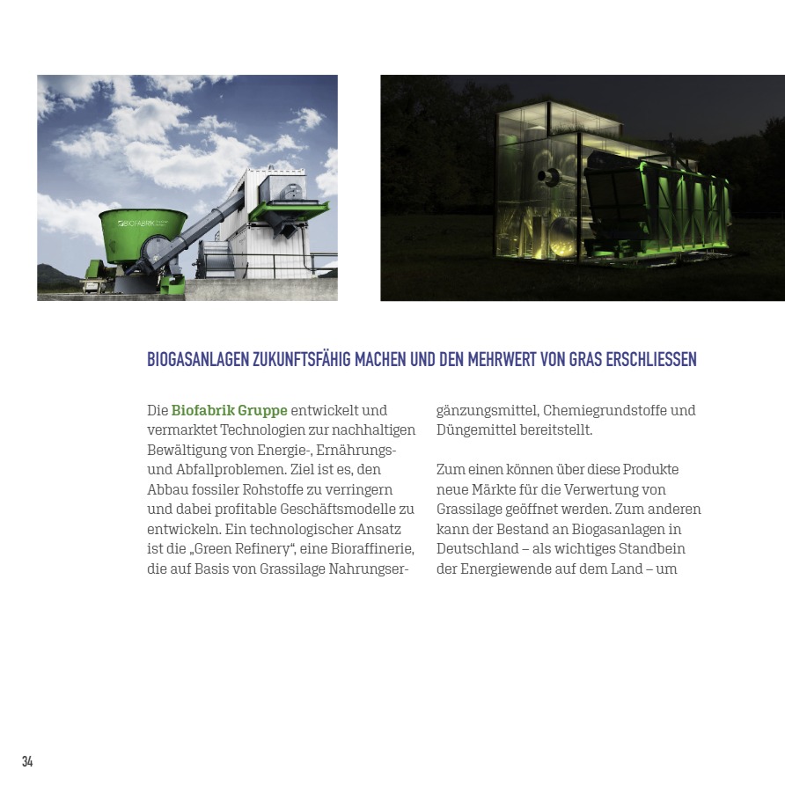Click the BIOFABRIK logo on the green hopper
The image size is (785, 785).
pyautogui.click(x=136, y=225)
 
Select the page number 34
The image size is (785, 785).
pyautogui.click(x=27, y=761)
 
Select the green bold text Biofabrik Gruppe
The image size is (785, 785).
pyautogui.click(x=229, y=410)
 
